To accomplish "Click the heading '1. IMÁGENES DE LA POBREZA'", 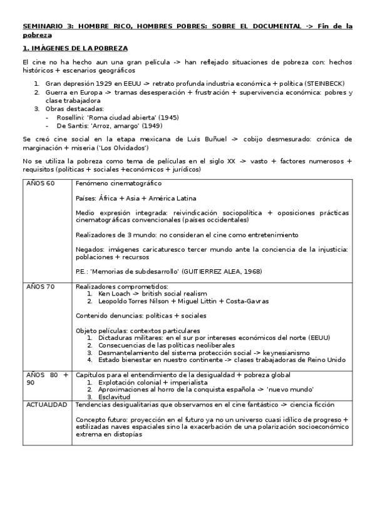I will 75,48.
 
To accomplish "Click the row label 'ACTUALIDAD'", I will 46,405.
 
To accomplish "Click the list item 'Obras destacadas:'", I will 73,108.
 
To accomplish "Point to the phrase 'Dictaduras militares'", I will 130,338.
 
